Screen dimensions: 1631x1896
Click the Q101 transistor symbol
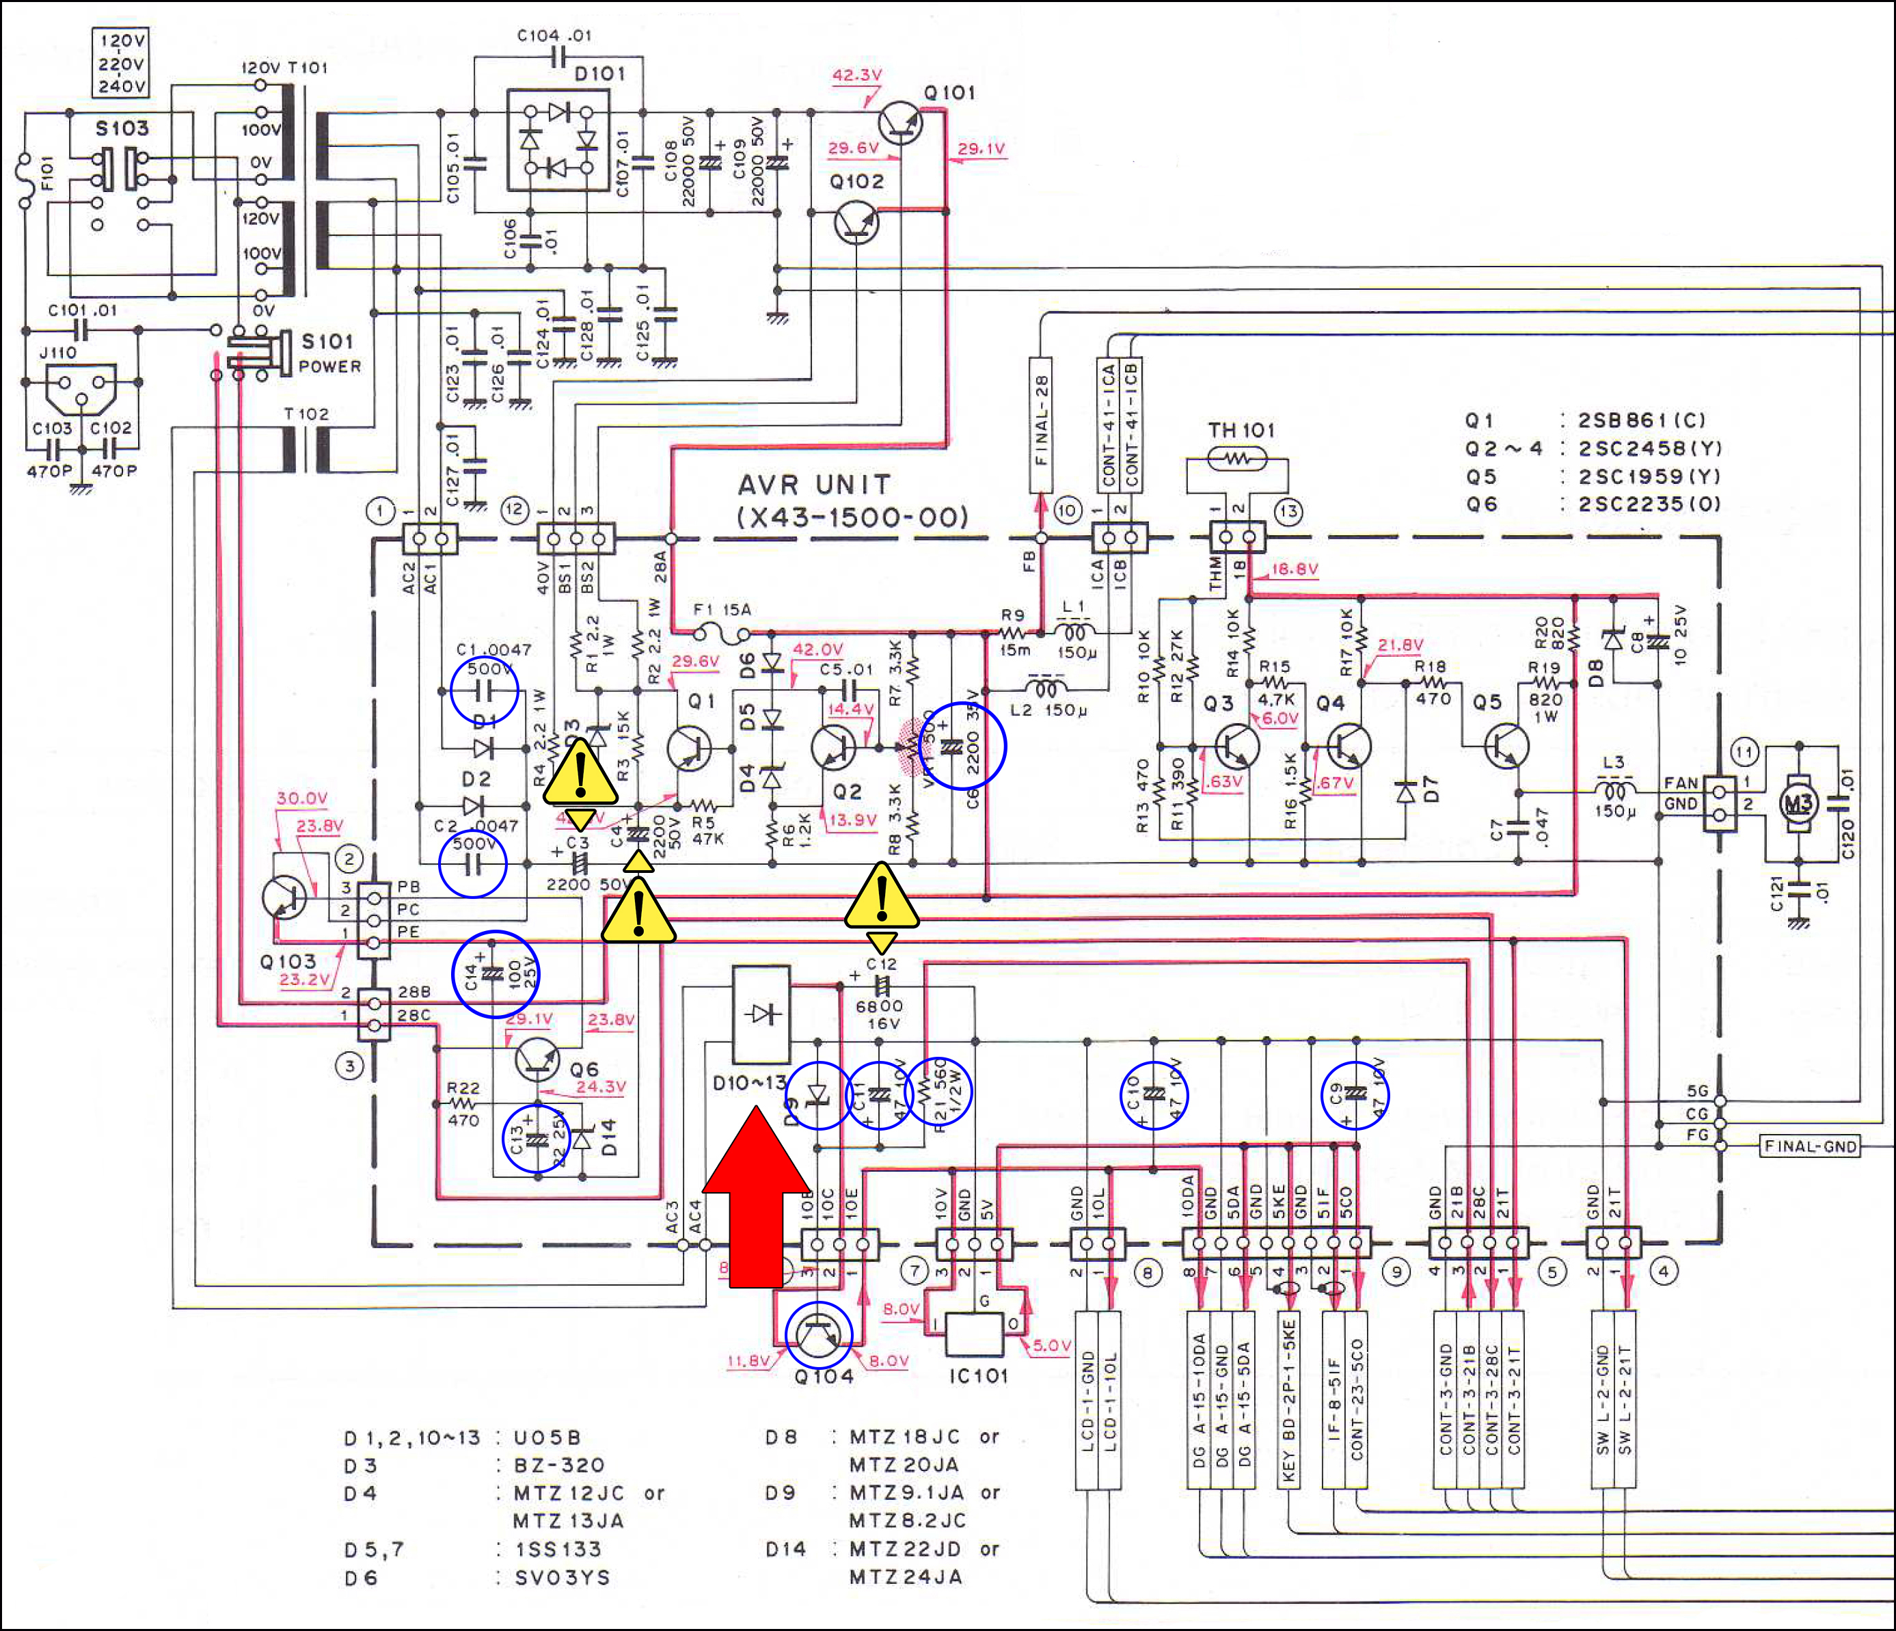900,122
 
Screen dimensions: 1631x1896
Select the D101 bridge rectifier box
558,139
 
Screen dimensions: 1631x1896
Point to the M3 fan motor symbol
1797,804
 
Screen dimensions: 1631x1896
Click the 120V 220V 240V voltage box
122,63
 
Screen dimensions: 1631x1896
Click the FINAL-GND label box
1810,1146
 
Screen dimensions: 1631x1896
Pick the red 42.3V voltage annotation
856,75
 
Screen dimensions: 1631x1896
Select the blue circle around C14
495,974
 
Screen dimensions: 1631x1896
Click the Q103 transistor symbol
284,897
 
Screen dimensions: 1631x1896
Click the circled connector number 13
1288,511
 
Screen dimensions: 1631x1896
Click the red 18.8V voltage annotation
1295,569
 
